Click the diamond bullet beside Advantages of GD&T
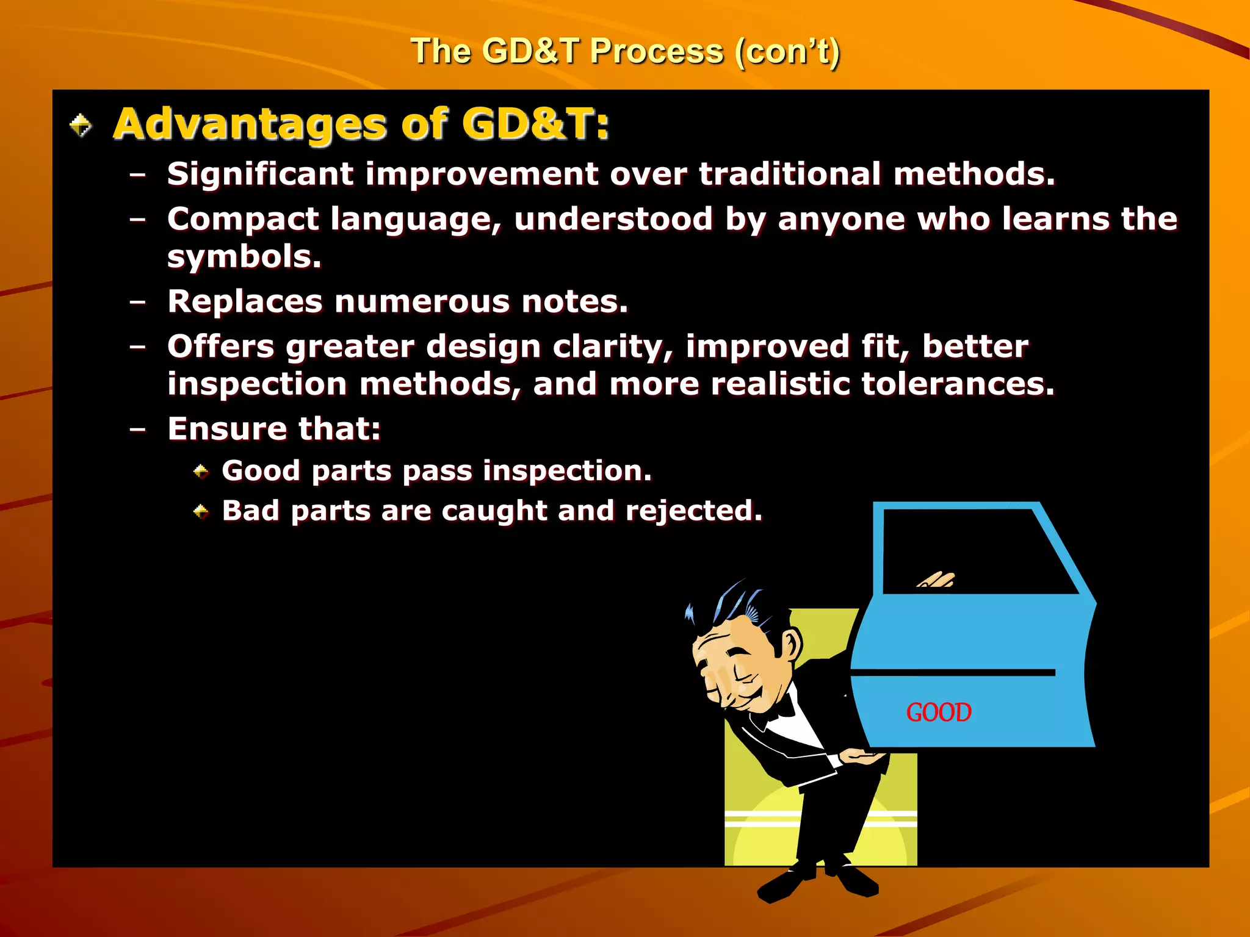tap(81, 126)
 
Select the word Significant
tap(260, 174)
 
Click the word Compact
tap(243, 220)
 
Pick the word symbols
tap(244, 257)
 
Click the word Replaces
tap(245, 302)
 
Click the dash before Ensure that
tap(138, 429)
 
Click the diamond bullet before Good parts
tap(201, 472)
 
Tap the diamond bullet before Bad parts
tap(201, 511)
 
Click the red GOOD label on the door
tap(938, 713)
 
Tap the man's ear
tap(791, 645)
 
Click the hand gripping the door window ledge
tap(937, 580)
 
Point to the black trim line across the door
tap(952, 672)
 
